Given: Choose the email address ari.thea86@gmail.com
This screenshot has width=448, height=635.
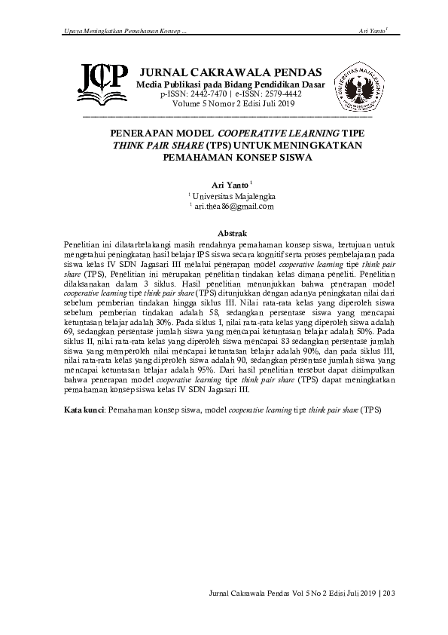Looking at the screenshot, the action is [x=233, y=206].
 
